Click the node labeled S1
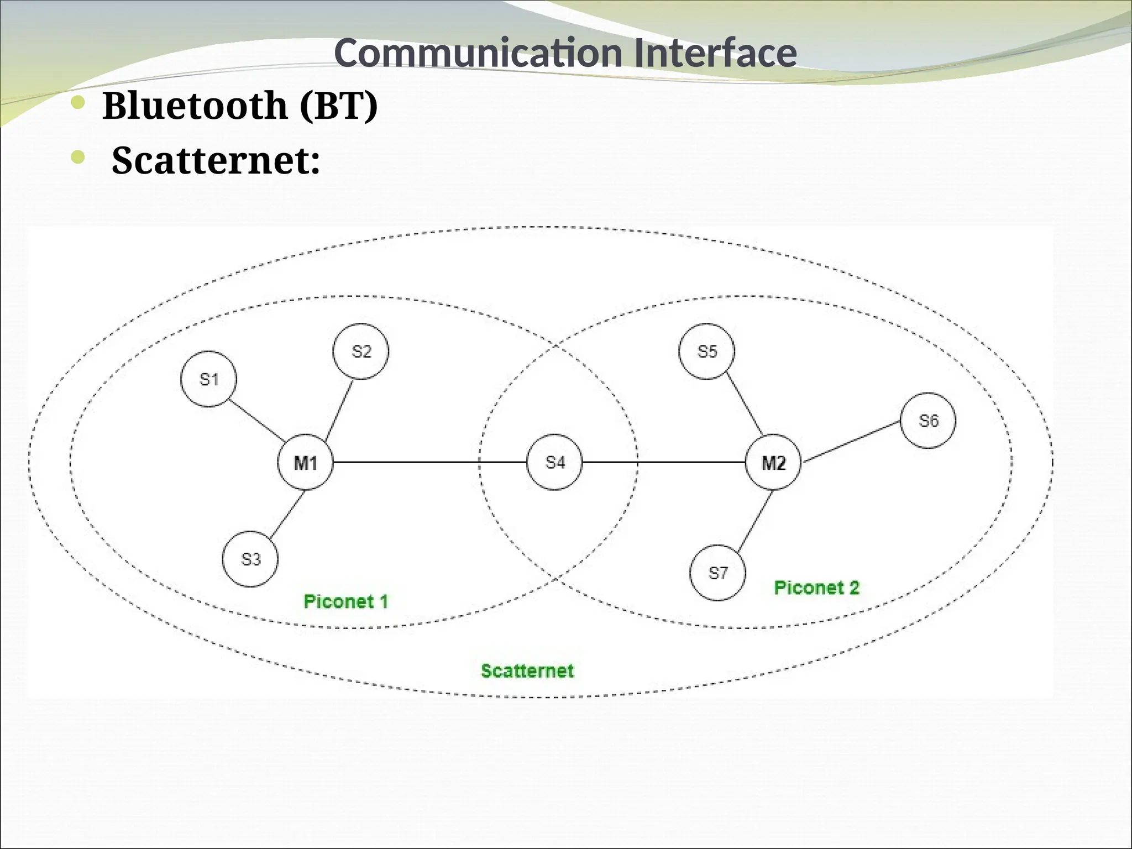[x=208, y=379]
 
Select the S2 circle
[x=361, y=352]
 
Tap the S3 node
[x=250, y=559]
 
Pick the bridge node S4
[x=554, y=462]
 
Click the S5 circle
[x=707, y=352]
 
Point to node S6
[x=928, y=421]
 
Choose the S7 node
[x=717, y=573]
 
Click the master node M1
[x=306, y=462]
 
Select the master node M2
[x=773, y=462]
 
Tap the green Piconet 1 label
[x=346, y=601]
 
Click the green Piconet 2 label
[x=816, y=588]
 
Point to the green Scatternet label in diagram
[x=527, y=670]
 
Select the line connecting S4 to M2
[x=663, y=462]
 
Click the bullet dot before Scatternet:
[x=78, y=158]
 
